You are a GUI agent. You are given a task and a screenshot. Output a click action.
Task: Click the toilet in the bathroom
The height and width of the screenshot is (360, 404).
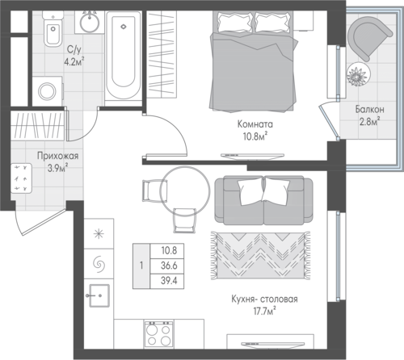tap(53, 29)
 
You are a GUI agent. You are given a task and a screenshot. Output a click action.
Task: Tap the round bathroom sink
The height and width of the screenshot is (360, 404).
tap(90, 22)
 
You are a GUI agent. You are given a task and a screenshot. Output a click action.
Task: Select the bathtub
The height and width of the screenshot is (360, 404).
tap(124, 56)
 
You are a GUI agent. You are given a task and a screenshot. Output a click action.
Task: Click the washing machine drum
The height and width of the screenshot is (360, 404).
tap(47, 91)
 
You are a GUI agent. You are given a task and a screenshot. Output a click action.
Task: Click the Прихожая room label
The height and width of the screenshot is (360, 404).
tap(58, 156)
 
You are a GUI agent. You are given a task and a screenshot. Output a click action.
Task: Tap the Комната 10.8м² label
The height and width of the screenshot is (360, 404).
tap(255, 131)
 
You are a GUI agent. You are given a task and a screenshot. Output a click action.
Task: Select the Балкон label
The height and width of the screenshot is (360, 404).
tap(369, 110)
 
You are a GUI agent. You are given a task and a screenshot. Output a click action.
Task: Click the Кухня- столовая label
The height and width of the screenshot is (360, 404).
tap(264, 299)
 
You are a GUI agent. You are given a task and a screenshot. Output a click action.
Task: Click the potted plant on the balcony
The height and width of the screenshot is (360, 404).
tap(359, 74)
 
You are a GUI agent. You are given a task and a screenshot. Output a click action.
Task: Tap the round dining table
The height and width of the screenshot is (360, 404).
tap(185, 190)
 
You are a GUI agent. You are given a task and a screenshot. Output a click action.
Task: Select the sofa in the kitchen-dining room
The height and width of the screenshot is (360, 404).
tap(263, 200)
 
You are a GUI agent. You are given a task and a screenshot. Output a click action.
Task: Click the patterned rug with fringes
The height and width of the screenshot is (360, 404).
tap(260, 255)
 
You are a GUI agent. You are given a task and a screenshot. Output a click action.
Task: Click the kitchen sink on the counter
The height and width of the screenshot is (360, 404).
tap(99, 295)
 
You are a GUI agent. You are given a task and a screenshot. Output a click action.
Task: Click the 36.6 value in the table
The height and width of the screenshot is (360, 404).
tap(169, 266)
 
